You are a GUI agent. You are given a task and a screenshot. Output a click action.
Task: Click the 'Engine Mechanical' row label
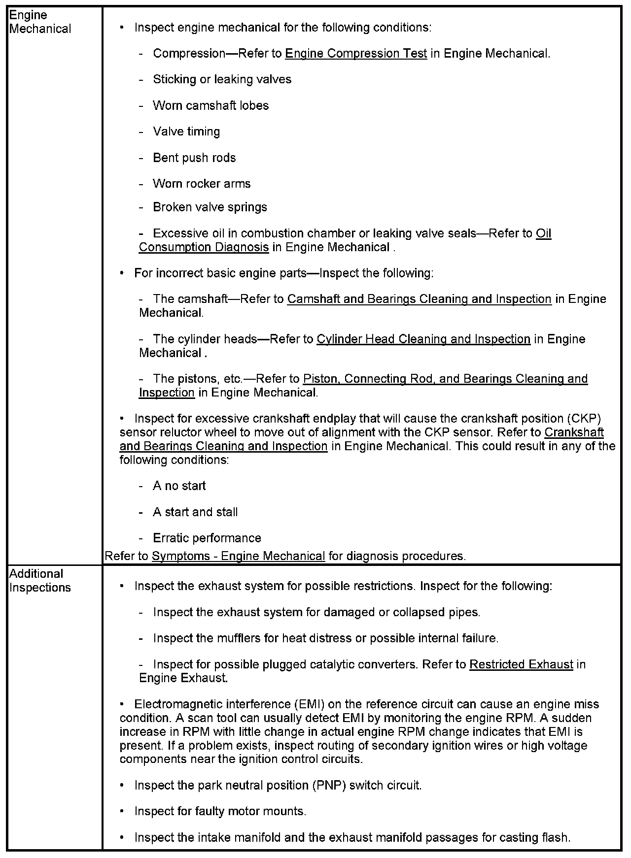[x=40, y=22]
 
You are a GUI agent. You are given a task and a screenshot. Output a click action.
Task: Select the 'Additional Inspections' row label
[x=40, y=581]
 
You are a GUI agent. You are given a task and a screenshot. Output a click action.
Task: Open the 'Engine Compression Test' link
[x=356, y=54]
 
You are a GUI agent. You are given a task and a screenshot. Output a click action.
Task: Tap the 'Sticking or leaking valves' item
[x=222, y=80]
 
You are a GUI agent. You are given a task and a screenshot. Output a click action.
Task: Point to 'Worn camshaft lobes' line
[x=210, y=106]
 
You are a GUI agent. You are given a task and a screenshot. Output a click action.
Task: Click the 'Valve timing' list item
[x=186, y=132]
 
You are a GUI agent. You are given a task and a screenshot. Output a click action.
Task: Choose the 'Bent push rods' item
[x=194, y=158]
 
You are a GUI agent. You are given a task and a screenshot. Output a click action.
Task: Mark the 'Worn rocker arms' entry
[x=202, y=184]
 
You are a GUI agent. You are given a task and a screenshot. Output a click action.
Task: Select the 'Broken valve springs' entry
[x=210, y=207]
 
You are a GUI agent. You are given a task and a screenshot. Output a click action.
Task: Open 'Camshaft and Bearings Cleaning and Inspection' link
[x=419, y=299]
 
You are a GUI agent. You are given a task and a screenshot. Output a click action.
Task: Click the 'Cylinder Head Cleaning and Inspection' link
[x=423, y=339]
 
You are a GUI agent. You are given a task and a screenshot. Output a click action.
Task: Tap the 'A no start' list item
[x=179, y=486]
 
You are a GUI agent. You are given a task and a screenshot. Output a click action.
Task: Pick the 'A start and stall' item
[x=195, y=512]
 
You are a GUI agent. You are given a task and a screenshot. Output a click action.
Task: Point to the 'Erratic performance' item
[x=207, y=538]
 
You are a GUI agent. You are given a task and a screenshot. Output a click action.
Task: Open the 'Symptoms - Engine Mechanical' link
[x=239, y=557]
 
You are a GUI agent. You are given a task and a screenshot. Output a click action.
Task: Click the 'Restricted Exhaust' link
[x=521, y=665]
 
